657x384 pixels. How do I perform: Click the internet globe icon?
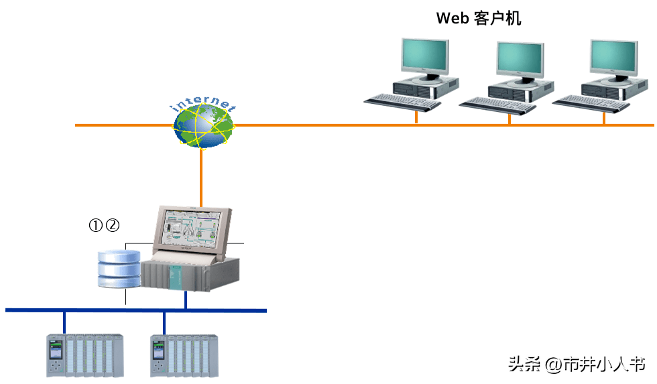(x=204, y=125)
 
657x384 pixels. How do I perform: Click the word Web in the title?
(x=453, y=18)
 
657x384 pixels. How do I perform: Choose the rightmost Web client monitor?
(x=613, y=57)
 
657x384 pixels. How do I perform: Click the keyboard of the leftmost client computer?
(x=402, y=102)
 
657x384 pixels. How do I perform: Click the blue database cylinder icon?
(x=119, y=269)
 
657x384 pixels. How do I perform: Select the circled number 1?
(x=97, y=226)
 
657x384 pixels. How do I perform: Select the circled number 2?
(x=113, y=226)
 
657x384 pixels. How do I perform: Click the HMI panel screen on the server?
(x=192, y=226)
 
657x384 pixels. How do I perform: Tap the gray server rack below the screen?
(x=190, y=274)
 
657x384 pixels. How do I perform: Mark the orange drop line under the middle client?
(x=510, y=118)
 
